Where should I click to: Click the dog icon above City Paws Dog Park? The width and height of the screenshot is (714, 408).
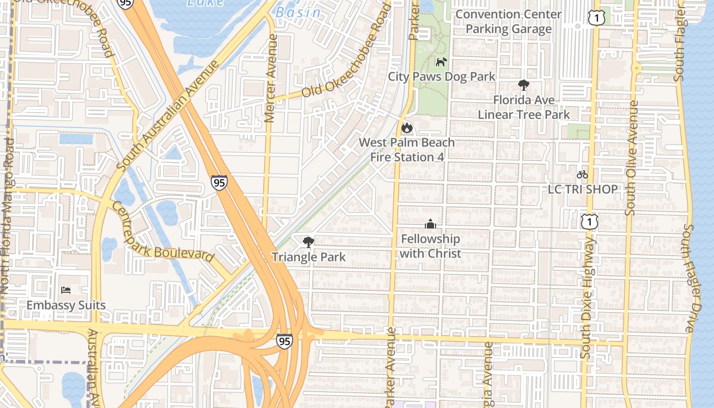441,62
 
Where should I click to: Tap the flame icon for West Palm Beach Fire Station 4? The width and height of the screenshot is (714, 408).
406,127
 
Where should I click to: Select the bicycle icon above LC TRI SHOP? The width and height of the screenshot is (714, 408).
582,174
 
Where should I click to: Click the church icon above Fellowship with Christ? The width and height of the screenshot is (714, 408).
430,224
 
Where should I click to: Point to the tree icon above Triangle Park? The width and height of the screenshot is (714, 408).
308,242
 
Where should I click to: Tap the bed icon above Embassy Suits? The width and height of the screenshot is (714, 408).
66,290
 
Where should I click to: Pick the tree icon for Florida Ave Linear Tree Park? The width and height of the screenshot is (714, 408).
523,85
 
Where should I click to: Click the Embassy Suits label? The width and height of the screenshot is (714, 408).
66,305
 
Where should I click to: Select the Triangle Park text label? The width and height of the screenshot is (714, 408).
309,257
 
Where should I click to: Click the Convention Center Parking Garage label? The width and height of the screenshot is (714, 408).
508,21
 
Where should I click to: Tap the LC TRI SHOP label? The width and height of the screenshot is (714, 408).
582,189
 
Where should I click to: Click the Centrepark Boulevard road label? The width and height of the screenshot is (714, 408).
163,233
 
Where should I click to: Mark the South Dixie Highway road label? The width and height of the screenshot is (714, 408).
588,296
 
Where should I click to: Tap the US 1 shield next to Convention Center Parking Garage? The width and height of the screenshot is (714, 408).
596,18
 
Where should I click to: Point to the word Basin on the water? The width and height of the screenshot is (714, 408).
299,12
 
